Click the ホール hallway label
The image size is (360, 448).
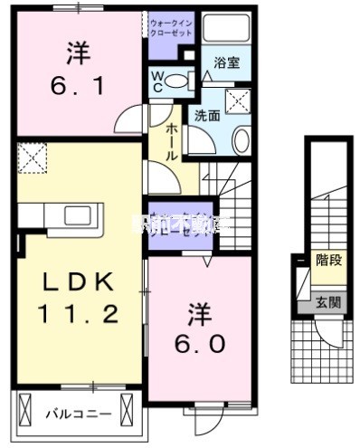pos(169,143)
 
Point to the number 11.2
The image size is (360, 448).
pos(79,315)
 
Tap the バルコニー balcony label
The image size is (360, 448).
pos(80,414)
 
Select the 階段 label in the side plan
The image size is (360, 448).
pos(327,260)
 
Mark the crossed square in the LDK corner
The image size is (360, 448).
pos(33,158)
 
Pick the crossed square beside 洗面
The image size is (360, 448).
pos(239,100)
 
